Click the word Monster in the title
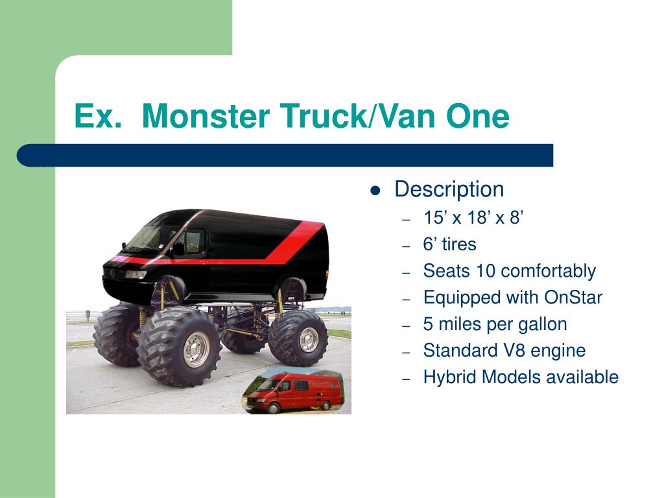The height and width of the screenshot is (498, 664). [x=206, y=115]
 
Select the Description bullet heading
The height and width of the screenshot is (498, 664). [x=449, y=189]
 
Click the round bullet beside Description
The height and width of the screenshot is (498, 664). [x=375, y=191]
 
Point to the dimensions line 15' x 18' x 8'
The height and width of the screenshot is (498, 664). [x=473, y=218]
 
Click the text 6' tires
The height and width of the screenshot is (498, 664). [x=449, y=244]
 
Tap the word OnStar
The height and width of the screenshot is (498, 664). [x=573, y=297]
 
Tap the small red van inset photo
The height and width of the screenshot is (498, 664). [x=293, y=391]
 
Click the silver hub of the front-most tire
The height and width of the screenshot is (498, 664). [x=195, y=350]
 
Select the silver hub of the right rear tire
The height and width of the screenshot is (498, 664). [x=308, y=339]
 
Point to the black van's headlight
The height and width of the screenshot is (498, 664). [x=136, y=274]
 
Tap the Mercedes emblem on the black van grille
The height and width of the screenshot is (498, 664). [x=112, y=273]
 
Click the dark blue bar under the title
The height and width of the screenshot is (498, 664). [x=285, y=156]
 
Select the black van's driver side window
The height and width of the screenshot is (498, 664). [x=194, y=241]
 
